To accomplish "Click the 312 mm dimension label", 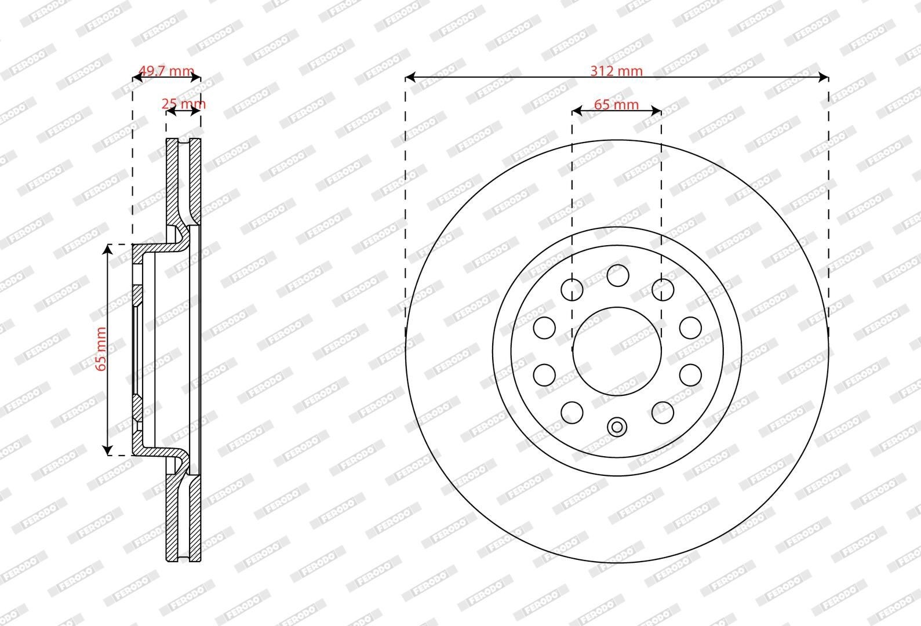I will pos(616,71).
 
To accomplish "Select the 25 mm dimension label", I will pos(183,104).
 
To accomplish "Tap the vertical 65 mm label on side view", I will pos(101,349).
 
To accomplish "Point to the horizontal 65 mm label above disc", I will pos(616,104).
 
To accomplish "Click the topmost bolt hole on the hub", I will pos(618,275).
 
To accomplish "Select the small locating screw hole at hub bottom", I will pos(617,427).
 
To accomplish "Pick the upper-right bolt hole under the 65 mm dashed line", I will pos(662,289).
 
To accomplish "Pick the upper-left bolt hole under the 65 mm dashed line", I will pos(572,289).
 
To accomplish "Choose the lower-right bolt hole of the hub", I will pos(662,412).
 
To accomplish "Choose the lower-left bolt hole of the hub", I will pos(572,412).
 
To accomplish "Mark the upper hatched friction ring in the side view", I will pos(172,180).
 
